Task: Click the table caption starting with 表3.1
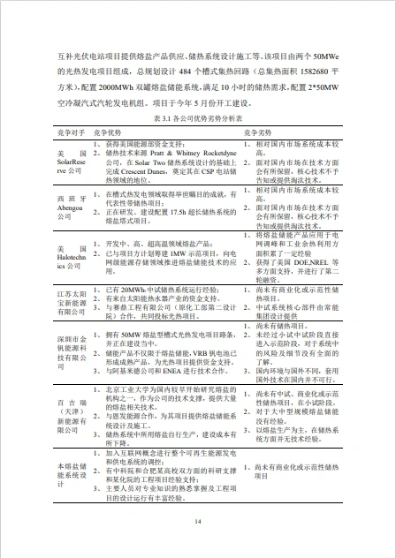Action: coord(197,117)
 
